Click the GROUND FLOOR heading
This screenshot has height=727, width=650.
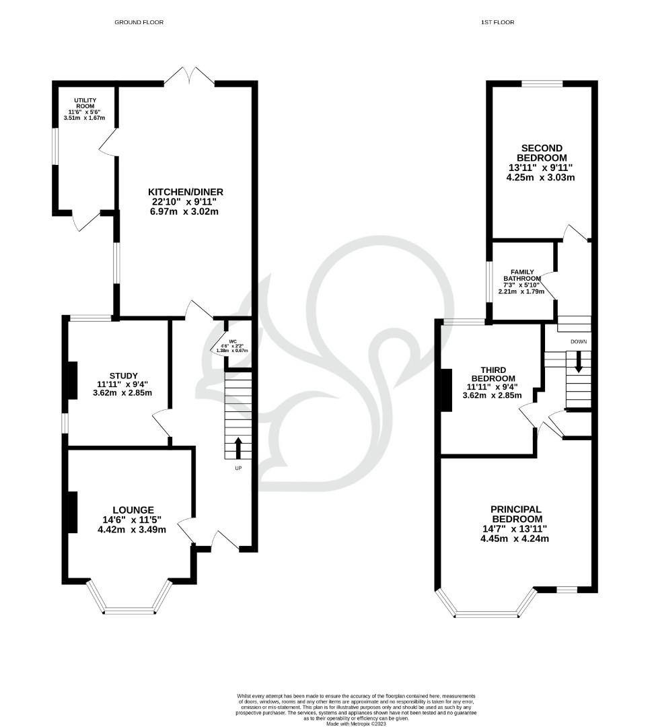click(139, 22)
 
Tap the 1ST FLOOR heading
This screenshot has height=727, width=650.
click(497, 22)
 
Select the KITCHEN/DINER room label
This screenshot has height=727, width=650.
click(187, 192)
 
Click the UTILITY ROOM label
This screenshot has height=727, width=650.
click(85, 103)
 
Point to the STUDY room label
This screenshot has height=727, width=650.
click(123, 376)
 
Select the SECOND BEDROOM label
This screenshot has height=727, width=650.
click(542, 153)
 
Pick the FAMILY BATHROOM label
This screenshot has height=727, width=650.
click(522, 275)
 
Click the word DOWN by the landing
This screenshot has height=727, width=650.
click(578, 342)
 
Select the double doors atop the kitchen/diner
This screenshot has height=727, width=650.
click(189, 75)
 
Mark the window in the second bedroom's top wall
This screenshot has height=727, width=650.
click(542, 83)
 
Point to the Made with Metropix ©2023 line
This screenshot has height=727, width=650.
click(356, 724)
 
